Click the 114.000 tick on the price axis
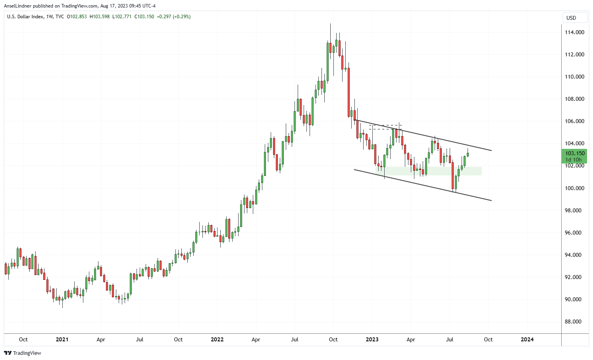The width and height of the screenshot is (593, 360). tap(574, 32)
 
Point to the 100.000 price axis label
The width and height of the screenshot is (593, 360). tap(574, 188)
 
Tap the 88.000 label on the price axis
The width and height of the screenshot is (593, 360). tap(574, 321)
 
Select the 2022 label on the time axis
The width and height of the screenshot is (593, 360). tap(217, 339)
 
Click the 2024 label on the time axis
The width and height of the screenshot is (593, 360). tap(527, 339)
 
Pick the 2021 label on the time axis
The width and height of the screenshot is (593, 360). tap(62, 339)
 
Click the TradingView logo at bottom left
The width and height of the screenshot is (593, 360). tap(23, 353)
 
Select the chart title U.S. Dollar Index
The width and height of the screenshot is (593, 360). tap(26, 17)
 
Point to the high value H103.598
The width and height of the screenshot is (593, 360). tap(100, 17)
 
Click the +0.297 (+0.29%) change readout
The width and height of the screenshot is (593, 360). tap(174, 17)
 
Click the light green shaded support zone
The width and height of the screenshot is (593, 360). tap(429, 171)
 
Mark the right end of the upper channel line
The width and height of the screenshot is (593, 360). tap(491, 150)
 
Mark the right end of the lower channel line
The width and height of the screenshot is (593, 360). tap(491, 200)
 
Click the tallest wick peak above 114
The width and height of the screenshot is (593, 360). tap(330, 24)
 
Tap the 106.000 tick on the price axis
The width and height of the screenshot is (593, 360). tap(574, 121)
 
